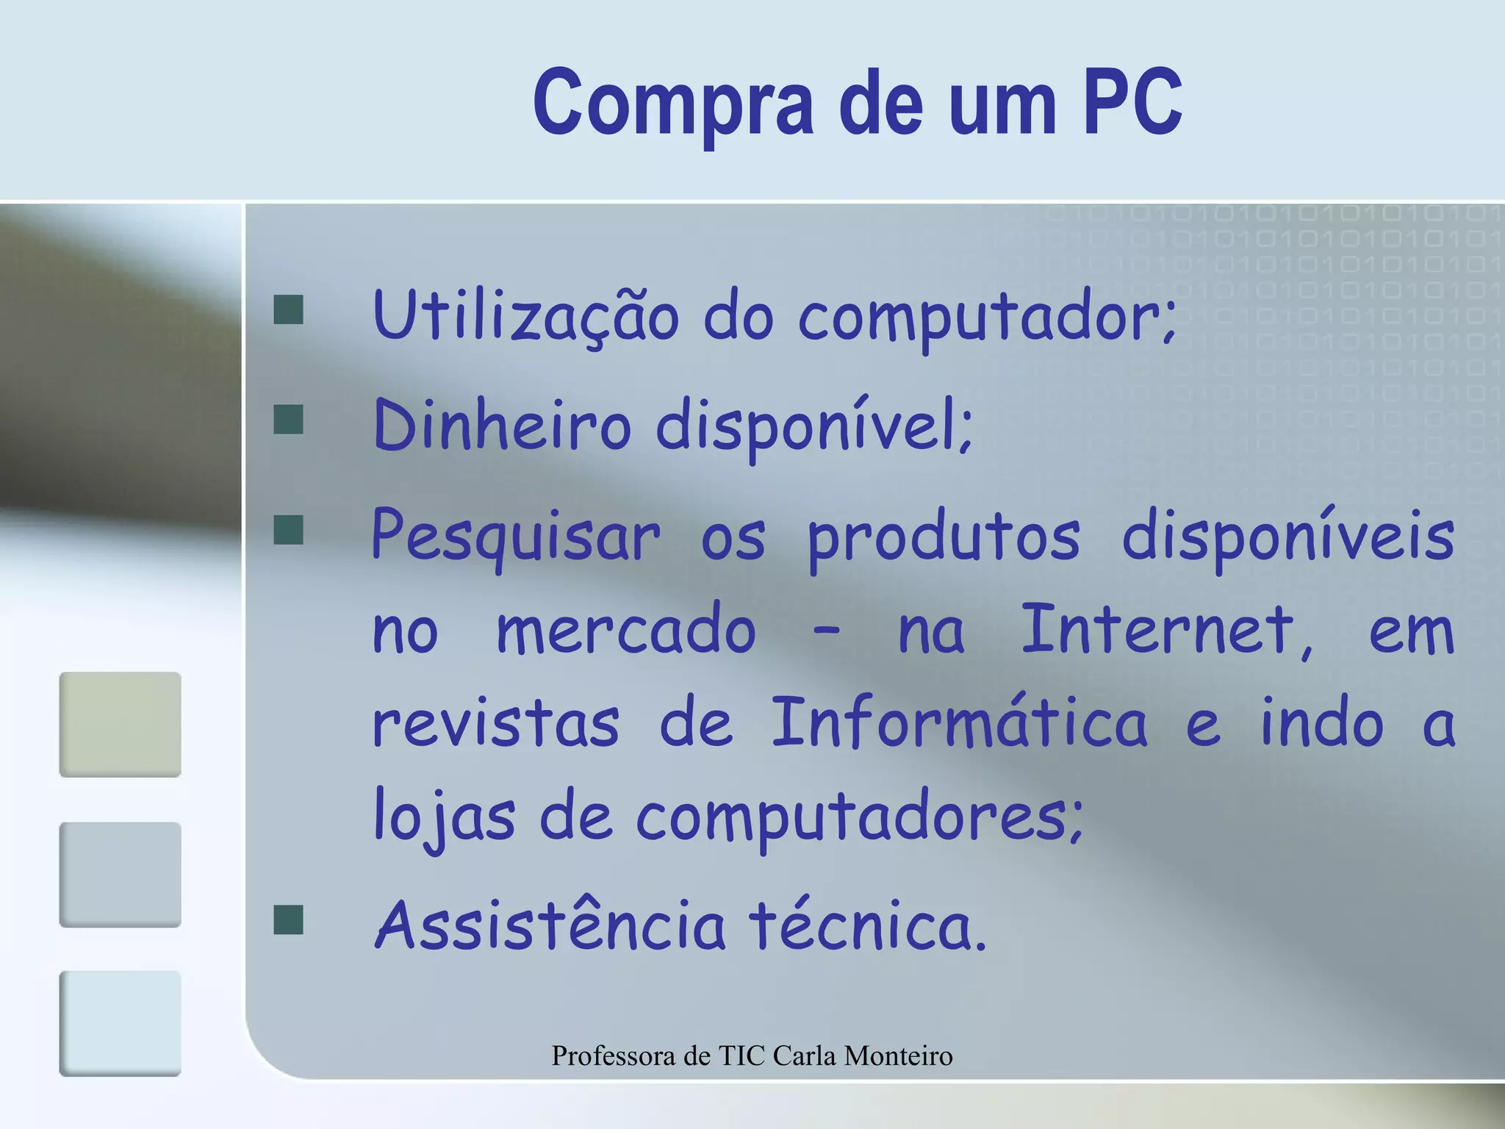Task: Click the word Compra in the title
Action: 673,103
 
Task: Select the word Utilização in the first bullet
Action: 526,316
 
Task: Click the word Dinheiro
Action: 502,425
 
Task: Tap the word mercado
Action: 626,631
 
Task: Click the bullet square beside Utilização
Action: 288,310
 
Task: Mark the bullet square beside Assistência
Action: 288,920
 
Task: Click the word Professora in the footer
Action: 614,1056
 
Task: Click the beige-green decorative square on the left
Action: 120,724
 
